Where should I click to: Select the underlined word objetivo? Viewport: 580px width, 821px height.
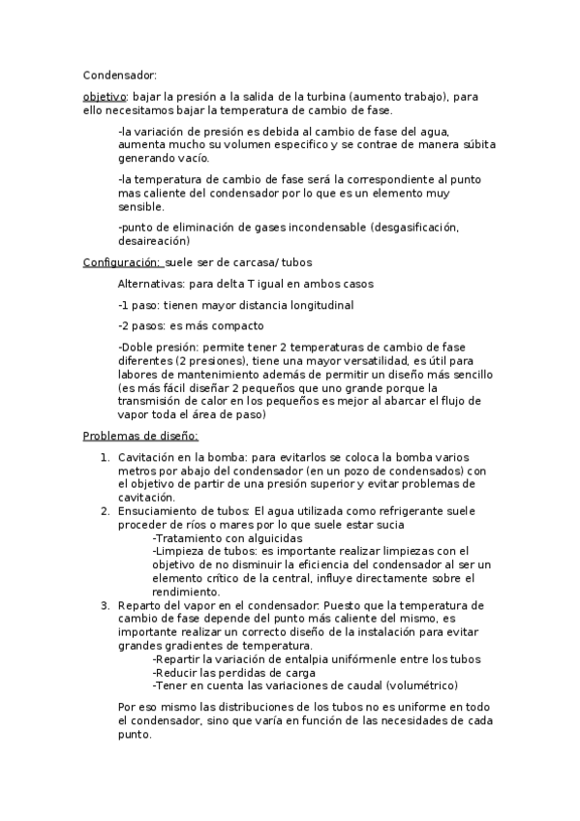click(105, 97)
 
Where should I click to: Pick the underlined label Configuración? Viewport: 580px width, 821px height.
click(122, 261)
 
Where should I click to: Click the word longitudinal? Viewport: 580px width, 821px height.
click(316, 305)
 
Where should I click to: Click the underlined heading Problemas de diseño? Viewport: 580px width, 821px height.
click(140, 436)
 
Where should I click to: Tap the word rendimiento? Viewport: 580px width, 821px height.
click(188, 592)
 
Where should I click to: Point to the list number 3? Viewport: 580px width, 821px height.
click(106, 605)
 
